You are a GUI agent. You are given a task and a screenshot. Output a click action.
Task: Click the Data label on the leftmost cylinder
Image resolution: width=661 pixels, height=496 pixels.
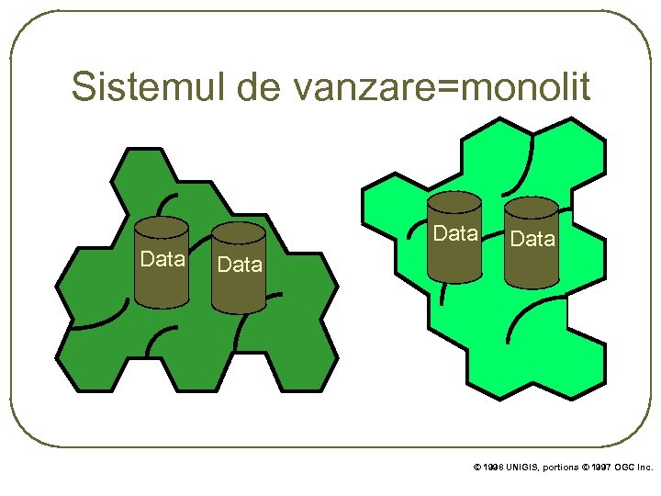(x=162, y=259)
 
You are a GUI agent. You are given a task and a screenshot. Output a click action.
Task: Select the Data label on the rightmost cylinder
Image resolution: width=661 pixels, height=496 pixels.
(x=532, y=240)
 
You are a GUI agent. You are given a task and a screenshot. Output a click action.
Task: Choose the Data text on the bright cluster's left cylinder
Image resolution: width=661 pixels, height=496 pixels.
(x=455, y=233)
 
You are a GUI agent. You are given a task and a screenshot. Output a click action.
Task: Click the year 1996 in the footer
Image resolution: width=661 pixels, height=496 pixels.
(x=492, y=468)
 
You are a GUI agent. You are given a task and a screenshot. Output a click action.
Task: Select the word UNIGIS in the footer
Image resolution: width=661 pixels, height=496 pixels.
(x=521, y=468)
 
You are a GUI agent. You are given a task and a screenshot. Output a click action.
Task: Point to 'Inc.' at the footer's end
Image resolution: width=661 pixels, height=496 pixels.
(x=645, y=468)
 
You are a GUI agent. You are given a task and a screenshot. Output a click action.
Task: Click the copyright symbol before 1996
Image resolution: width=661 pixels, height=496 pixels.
(x=476, y=468)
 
